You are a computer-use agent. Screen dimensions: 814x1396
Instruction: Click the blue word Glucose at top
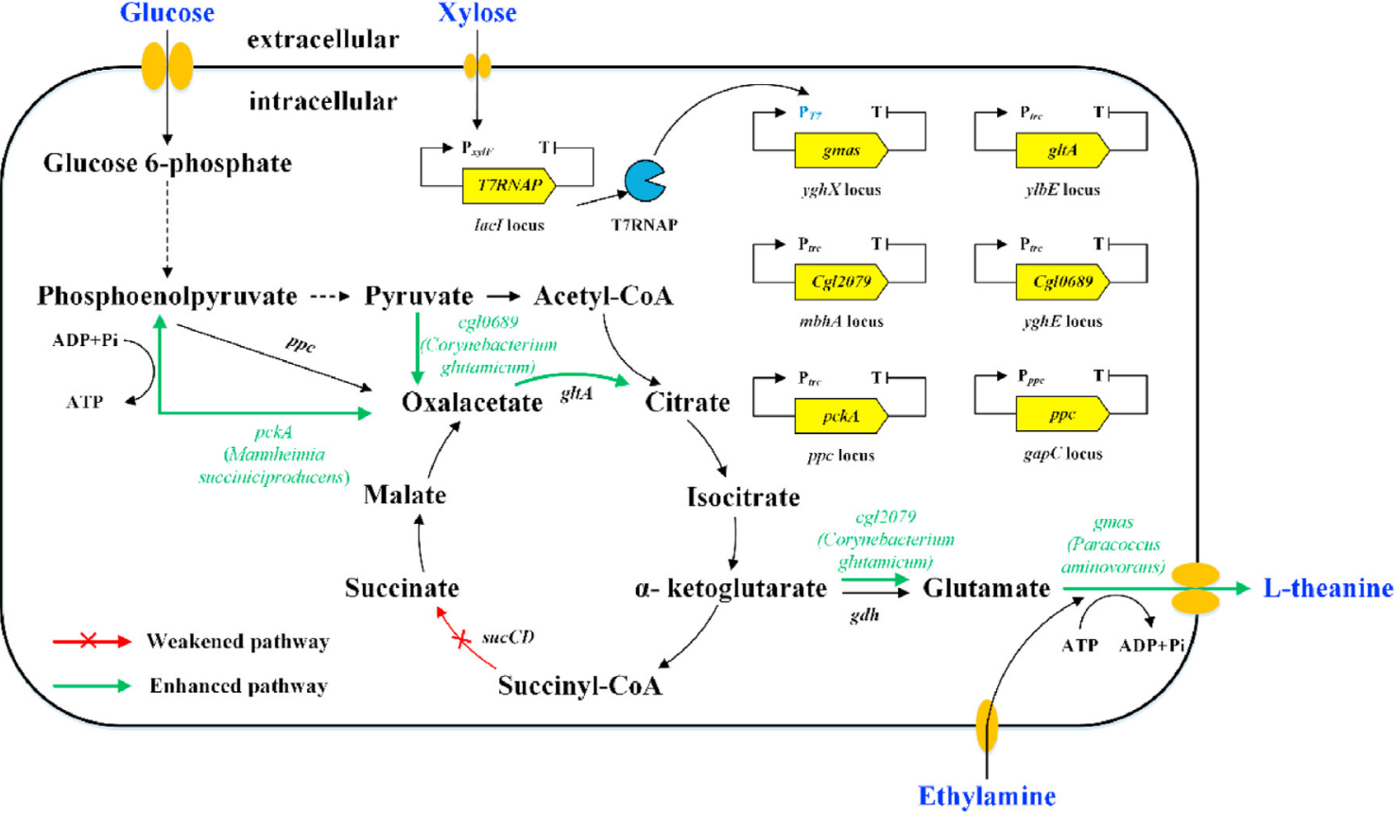[x=166, y=13]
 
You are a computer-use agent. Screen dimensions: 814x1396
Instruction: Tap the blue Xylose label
[x=477, y=13]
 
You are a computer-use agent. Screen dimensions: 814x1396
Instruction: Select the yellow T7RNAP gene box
[x=508, y=185]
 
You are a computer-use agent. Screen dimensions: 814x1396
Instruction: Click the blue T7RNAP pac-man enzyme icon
[x=645, y=181]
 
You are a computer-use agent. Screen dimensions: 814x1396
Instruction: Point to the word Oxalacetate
[x=472, y=403]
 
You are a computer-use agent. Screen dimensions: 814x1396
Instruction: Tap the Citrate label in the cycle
[x=687, y=403]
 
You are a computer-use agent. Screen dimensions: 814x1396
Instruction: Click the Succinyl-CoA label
[x=579, y=685]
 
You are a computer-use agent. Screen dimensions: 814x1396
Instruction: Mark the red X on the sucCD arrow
[x=461, y=640]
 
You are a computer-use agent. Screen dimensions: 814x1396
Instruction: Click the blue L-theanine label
[x=1328, y=588]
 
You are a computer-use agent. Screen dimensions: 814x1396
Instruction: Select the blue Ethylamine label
[x=987, y=796]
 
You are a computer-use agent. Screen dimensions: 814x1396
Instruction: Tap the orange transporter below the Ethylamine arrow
[x=987, y=725]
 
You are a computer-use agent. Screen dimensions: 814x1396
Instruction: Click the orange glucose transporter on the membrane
[x=167, y=65]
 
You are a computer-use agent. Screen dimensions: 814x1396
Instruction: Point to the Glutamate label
[x=987, y=588]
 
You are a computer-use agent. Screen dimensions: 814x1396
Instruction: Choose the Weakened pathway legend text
[x=237, y=642]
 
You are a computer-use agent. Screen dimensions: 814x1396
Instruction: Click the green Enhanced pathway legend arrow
[x=92, y=686]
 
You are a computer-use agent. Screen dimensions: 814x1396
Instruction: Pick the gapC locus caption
[x=1062, y=454]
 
